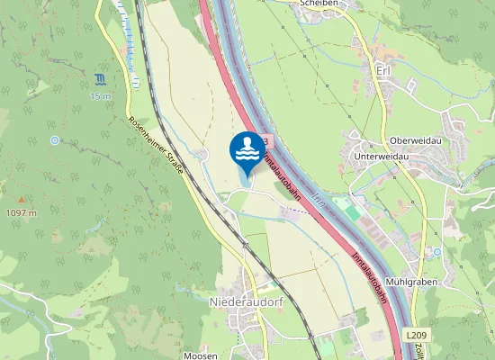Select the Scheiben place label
click(319, 4)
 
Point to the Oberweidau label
click(415, 139)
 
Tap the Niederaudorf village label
click(246, 302)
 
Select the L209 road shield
click(416, 336)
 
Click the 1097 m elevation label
click(21, 213)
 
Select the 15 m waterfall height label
click(100, 95)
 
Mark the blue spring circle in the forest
click(55, 140)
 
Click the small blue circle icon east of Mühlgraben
click(437, 252)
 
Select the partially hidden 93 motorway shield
click(267, 141)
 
